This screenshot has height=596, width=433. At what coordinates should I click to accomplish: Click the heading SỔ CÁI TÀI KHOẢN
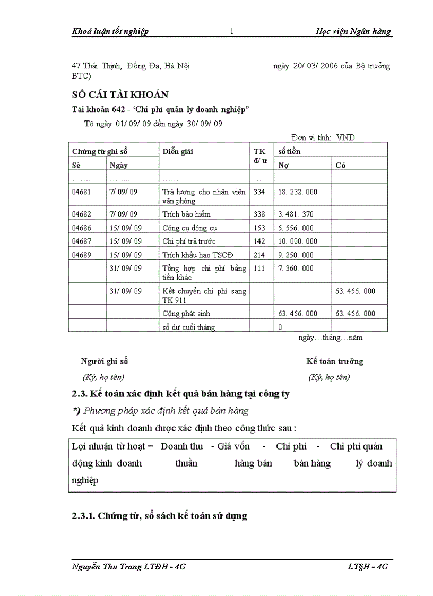[120, 94]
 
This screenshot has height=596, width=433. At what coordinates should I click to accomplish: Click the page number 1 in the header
[232, 31]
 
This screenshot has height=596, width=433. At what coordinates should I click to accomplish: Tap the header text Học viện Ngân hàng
[353, 31]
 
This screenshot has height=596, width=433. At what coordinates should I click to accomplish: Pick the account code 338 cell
[259, 214]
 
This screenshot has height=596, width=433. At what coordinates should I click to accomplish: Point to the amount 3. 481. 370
[296, 214]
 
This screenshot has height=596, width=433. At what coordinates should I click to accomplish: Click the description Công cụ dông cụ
[190, 228]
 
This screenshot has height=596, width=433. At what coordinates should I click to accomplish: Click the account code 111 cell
[259, 269]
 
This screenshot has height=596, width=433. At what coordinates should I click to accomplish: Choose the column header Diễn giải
[178, 151]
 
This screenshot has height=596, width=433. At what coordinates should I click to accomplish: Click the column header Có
[341, 165]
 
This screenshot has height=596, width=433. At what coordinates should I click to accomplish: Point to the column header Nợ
[283, 165]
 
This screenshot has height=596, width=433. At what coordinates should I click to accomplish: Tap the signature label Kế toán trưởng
[334, 361]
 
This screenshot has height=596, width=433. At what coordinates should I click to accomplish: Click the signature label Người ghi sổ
[105, 361]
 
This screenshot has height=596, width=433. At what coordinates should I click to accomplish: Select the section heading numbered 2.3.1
[159, 516]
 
